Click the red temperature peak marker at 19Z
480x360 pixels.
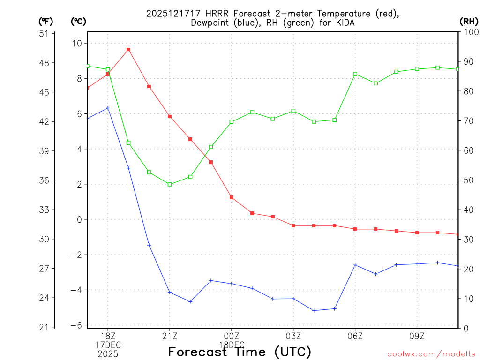128,49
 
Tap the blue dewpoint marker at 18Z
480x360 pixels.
108,108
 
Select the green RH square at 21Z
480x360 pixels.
170,184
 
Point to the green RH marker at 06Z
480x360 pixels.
355,74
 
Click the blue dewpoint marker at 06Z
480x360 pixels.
355,265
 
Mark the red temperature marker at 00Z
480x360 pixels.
232,197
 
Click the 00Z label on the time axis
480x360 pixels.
232,336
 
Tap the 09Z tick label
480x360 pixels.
417,336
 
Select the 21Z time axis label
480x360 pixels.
170,336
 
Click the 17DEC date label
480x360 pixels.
108,345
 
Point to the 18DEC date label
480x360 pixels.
232,345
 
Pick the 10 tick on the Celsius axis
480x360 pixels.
76,43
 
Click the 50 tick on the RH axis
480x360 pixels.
467,180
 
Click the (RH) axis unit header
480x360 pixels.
469,21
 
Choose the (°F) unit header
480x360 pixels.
46,21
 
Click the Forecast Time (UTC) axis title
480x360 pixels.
240,352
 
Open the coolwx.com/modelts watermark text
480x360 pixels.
431,354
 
